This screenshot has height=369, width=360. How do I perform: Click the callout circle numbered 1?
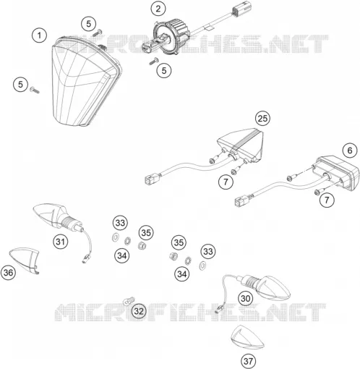(39, 35)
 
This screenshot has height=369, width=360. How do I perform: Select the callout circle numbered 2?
(158, 9)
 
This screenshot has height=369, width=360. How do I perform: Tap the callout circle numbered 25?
(262, 118)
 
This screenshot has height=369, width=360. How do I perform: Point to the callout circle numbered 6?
(350, 150)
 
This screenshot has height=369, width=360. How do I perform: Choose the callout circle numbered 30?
(246, 298)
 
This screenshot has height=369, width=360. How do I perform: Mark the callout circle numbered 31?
(61, 241)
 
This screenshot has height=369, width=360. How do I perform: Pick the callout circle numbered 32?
(139, 311)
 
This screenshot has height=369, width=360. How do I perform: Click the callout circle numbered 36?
(8, 273)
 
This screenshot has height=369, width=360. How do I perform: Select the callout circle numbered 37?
(249, 361)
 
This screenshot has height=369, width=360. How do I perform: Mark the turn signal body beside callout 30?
(266, 287)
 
